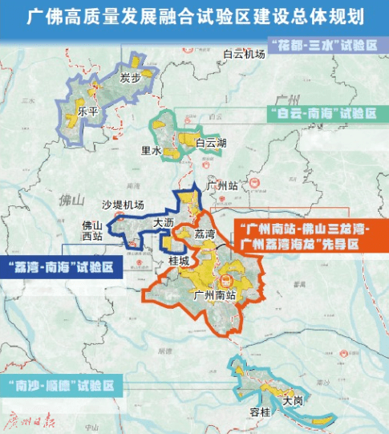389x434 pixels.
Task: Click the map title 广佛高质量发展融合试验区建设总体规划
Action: pyautogui.click(x=194, y=15)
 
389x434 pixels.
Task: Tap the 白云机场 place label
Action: pyautogui.click(x=244, y=54)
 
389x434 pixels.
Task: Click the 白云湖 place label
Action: pyautogui.click(x=211, y=143)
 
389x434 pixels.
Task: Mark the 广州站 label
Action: pyautogui.click(x=222, y=185)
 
